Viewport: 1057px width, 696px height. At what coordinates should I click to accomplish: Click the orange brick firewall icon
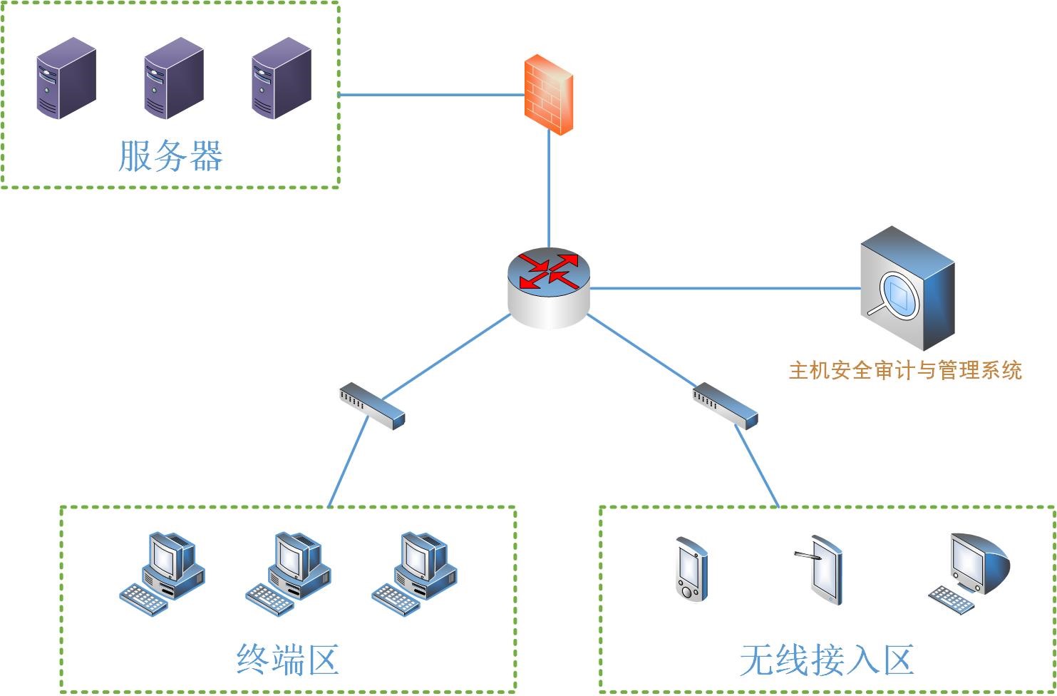pos(549,95)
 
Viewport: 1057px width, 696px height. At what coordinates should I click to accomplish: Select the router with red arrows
pos(549,287)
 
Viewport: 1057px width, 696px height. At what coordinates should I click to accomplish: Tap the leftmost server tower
pos(66,78)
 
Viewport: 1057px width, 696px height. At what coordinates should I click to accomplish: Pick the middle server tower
pos(173,78)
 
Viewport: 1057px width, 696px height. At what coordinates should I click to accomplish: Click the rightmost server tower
pos(282,78)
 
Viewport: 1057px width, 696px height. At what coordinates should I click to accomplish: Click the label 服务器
pos(170,156)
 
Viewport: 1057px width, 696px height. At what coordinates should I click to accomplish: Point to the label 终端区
pos(287,659)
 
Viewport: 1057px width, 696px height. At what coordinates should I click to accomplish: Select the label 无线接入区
pos(827,659)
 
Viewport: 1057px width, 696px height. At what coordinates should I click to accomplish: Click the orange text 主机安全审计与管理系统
pos(905,370)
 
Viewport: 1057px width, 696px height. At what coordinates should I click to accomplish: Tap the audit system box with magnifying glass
pos(907,289)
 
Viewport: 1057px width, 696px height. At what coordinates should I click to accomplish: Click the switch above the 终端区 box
pos(372,406)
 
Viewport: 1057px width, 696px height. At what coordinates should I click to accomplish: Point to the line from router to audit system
pos(723,288)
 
